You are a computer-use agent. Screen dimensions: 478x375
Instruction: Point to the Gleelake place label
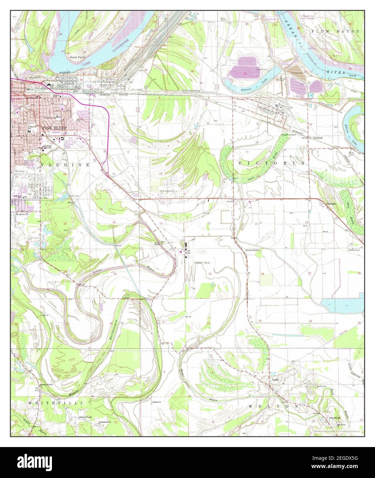tap(331, 204)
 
